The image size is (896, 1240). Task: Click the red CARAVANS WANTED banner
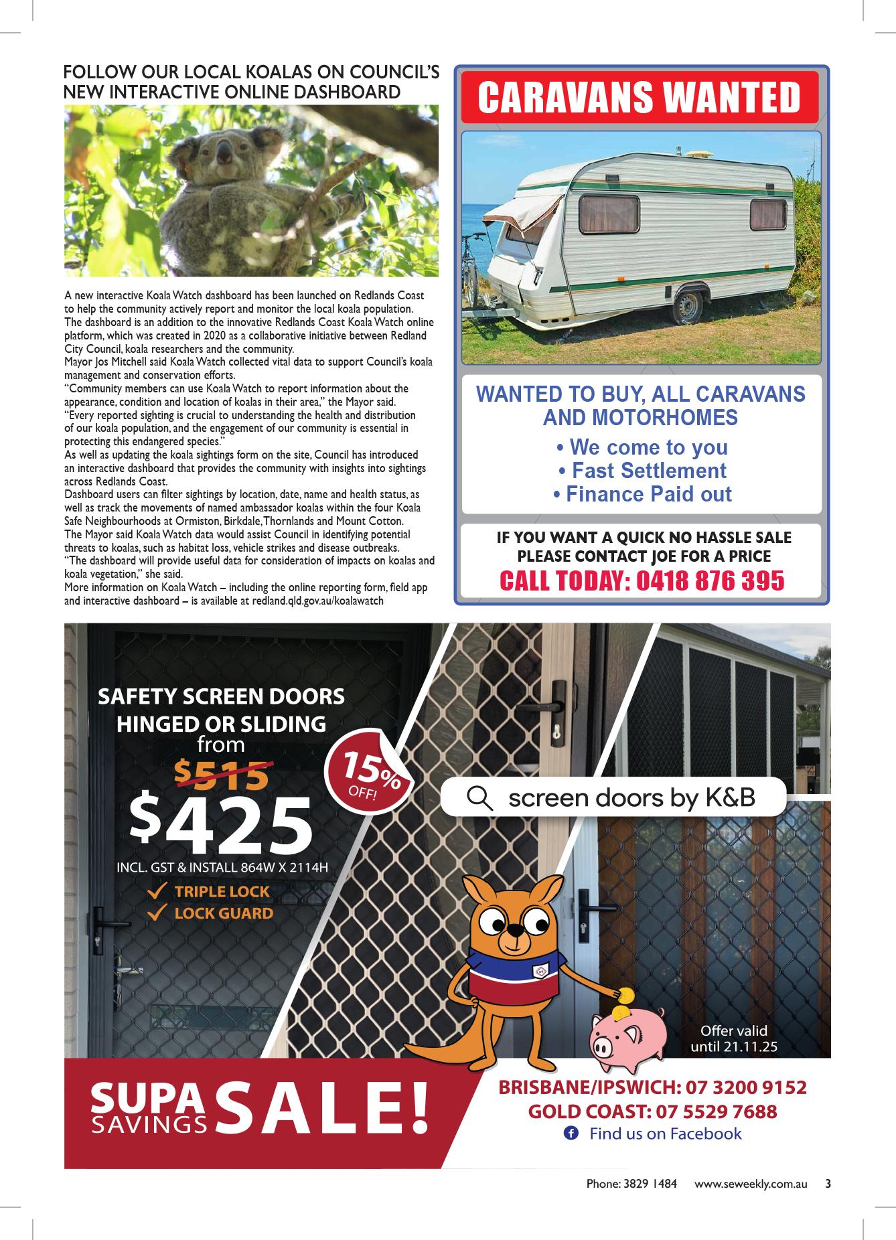pyautogui.click(x=640, y=98)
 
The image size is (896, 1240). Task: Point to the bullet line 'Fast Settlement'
pyautogui.click(x=642, y=471)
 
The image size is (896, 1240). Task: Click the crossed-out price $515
pyautogui.click(x=221, y=775)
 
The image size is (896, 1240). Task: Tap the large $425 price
pyautogui.click(x=222, y=825)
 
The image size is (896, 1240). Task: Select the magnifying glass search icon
pyautogui.click(x=479, y=797)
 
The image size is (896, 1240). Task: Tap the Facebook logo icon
pyautogui.click(x=571, y=1134)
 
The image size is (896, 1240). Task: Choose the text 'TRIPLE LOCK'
pyautogui.click(x=222, y=892)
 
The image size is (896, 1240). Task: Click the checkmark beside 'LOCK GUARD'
pyautogui.click(x=157, y=913)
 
